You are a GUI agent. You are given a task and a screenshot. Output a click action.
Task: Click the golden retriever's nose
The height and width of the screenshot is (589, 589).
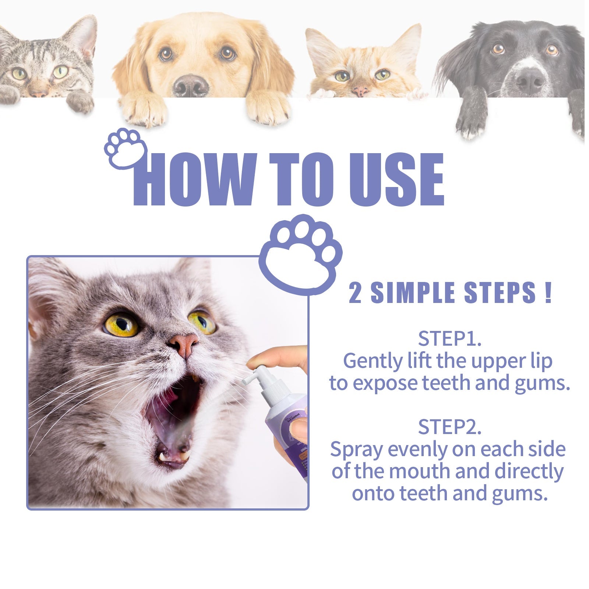191,85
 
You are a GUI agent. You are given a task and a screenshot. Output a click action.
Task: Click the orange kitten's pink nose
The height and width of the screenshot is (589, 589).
360,91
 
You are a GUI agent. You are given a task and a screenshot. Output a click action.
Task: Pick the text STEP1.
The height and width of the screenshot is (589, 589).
449,339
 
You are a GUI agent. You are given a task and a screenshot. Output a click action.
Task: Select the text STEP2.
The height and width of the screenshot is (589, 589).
449,427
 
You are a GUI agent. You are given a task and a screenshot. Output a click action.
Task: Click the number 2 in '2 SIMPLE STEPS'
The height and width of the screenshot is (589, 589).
355,293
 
